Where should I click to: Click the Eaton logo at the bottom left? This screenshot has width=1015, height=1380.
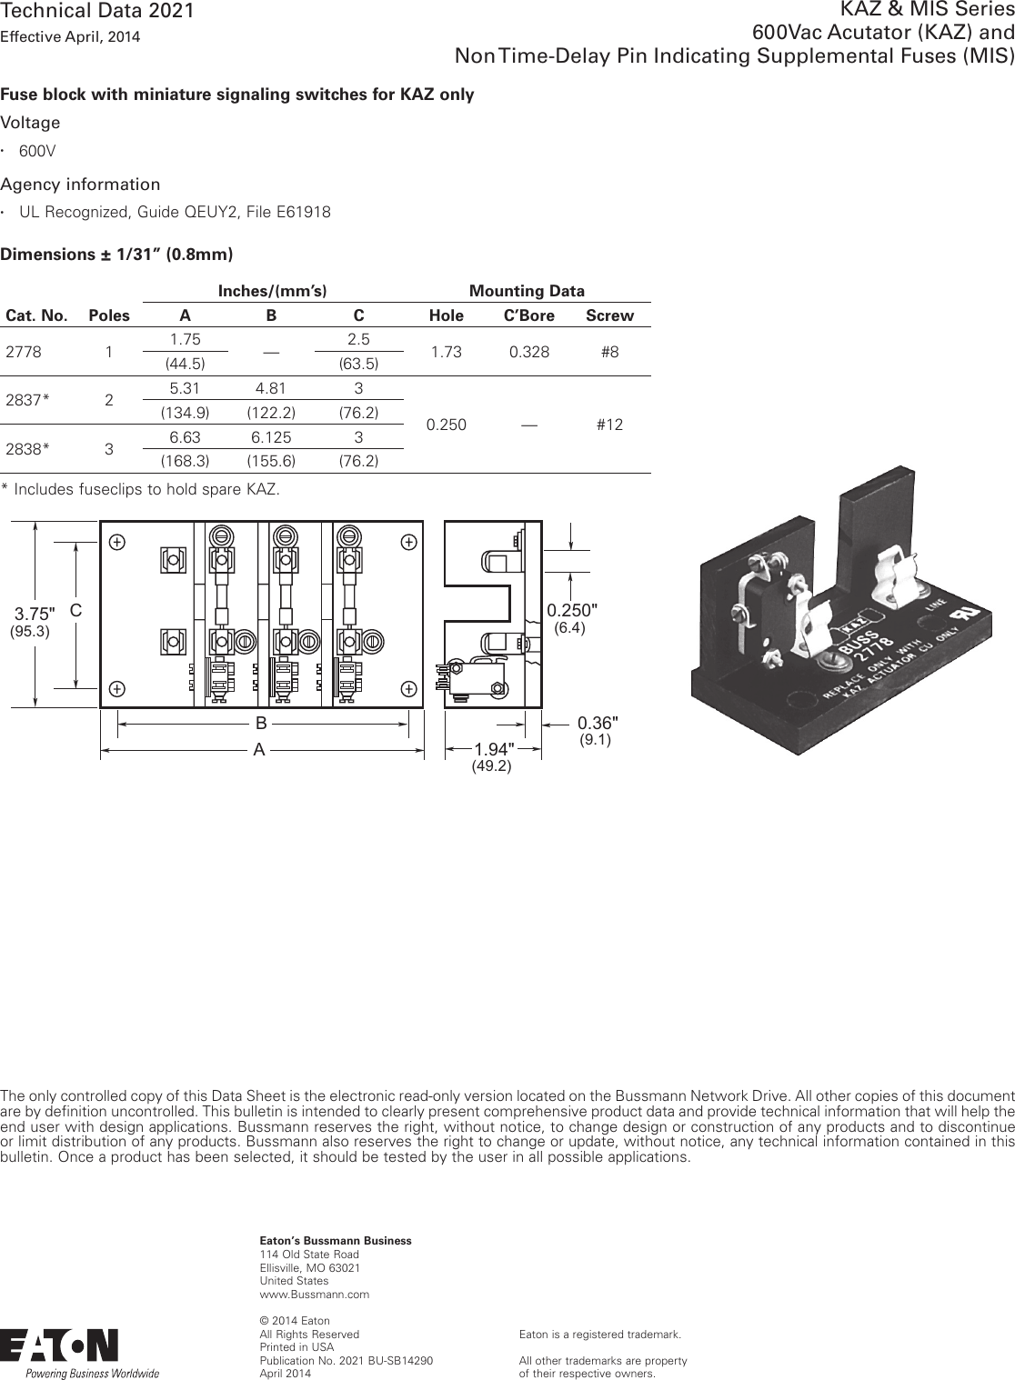pyautogui.click(x=59, y=1346)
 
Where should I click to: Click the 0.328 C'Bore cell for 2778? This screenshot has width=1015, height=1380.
pyautogui.click(x=528, y=352)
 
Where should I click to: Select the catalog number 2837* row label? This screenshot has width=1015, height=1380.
pyautogui.click(x=28, y=400)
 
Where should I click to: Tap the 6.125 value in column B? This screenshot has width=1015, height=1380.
pyautogui.click(x=271, y=436)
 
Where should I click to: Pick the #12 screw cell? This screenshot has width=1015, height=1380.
pyautogui.click(x=609, y=425)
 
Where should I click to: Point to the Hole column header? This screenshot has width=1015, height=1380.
pyautogui.click(x=446, y=316)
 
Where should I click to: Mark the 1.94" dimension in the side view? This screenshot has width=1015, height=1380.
pyautogui.click(x=494, y=749)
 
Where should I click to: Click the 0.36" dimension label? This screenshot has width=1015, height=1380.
pyautogui.click(x=598, y=723)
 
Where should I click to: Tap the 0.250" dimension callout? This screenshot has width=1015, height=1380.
pyautogui.click(x=572, y=608)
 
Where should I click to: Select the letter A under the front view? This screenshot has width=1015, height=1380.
pyautogui.click(x=260, y=751)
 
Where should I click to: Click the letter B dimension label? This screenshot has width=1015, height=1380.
pyautogui.click(x=261, y=725)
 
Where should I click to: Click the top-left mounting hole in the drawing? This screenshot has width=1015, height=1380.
pyautogui.click(x=117, y=542)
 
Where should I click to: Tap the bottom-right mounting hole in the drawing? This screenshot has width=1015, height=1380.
pyautogui.click(x=409, y=688)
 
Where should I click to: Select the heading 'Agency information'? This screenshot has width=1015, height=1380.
pyautogui.click(x=80, y=185)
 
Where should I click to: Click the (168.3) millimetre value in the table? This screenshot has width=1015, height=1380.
pyautogui.click(x=185, y=461)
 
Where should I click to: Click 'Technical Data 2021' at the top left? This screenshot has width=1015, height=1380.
pyautogui.click(x=97, y=11)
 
